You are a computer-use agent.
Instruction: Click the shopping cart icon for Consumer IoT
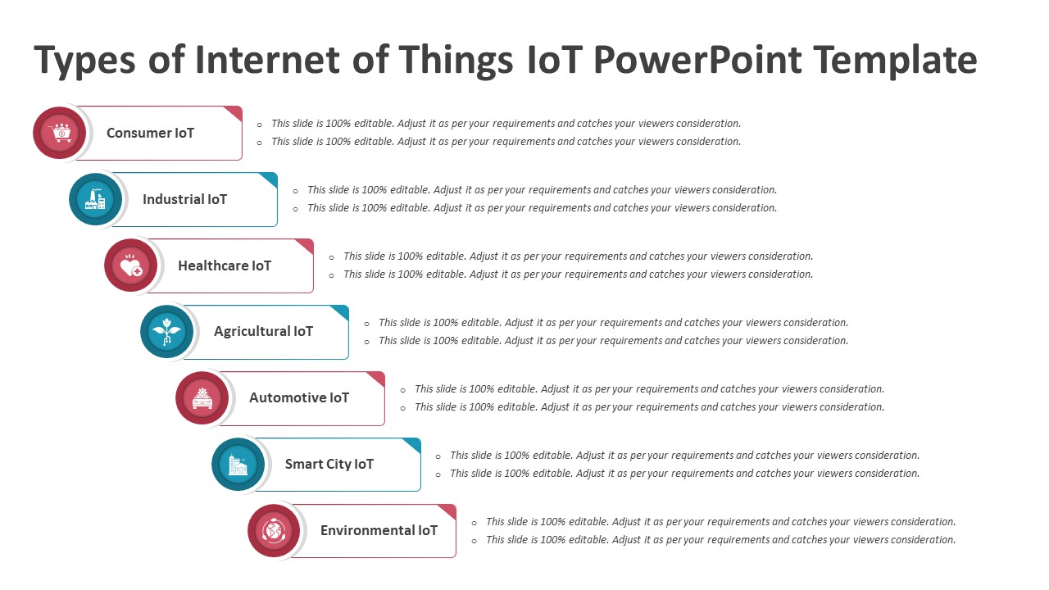click(60, 133)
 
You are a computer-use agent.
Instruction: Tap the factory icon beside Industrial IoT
click(96, 199)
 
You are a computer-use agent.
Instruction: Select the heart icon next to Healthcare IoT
click(131, 265)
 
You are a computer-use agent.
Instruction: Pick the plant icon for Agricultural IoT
click(167, 332)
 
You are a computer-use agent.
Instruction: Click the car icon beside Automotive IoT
click(202, 398)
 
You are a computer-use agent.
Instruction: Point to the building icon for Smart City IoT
click(238, 465)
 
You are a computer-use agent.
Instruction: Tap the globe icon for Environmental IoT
click(274, 531)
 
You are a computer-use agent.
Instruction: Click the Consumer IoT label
click(150, 133)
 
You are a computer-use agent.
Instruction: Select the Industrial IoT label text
click(184, 199)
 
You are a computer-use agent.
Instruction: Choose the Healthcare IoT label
click(224, 265)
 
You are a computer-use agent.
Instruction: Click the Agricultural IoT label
click(263, 332)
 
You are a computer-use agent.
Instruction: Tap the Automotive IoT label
click(299, 398)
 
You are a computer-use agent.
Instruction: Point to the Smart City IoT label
click(329, 465)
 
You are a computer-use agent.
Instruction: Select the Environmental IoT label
click(379, 531)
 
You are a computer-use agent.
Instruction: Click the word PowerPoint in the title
click(696, 61)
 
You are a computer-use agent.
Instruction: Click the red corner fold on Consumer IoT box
click(235, 112)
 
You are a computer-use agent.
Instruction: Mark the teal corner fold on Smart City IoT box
click(414, 444)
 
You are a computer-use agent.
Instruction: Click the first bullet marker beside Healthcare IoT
click(331, 257)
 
